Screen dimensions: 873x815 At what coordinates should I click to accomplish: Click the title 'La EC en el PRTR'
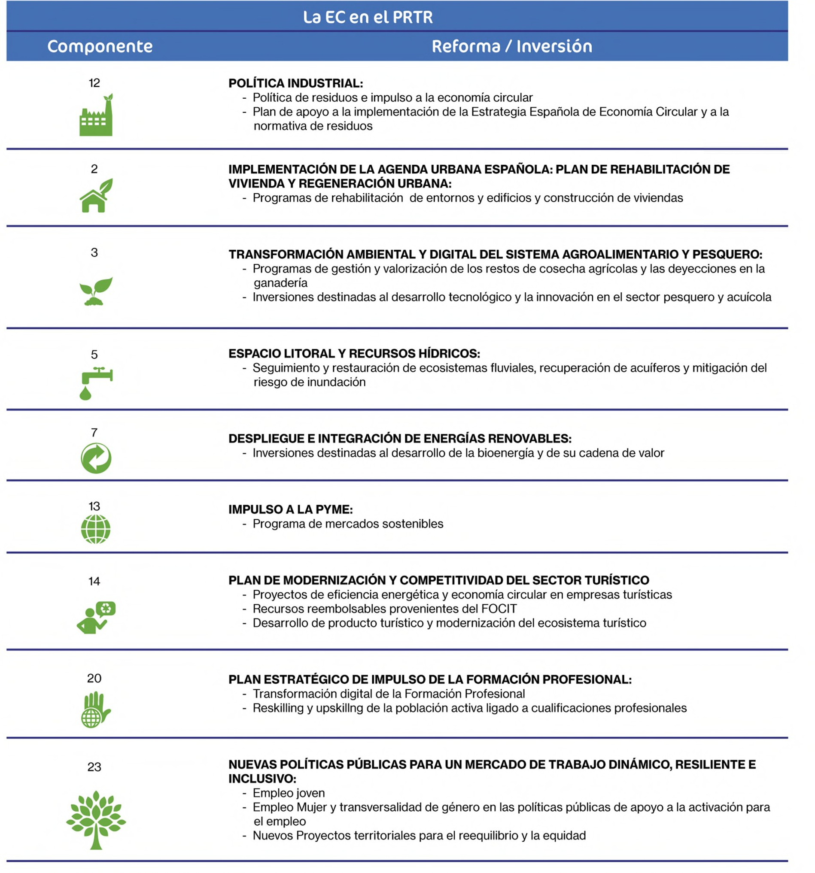368,17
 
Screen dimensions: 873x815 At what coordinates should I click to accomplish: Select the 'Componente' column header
100,46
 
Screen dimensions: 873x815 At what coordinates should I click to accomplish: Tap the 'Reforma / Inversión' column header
511,46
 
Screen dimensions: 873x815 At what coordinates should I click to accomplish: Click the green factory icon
96,115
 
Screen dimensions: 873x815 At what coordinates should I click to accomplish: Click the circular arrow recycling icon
96,458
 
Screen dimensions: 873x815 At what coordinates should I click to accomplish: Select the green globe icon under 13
95,529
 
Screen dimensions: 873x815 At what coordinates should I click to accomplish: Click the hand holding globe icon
95,709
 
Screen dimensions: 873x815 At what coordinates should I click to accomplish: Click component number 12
94,83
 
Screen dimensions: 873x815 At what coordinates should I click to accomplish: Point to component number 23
94,767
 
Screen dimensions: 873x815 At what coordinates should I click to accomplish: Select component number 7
94,433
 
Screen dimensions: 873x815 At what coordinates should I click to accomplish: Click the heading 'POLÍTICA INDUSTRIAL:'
295,83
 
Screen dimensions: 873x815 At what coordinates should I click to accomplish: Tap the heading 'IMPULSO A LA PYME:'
290,509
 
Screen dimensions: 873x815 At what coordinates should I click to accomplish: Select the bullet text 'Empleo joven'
288,793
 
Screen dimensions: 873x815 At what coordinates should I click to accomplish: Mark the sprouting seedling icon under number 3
96,291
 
